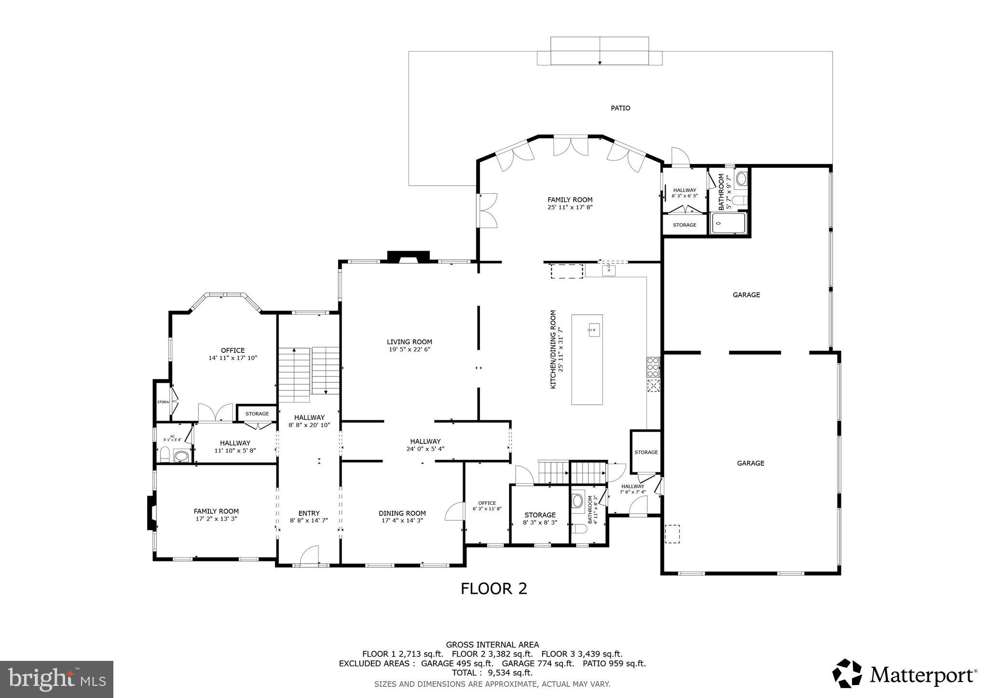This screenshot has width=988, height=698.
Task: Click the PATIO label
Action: pyautogui.click(x=620, y=108)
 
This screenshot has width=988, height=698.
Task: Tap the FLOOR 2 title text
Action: pyautogui.click(x=494, y=589)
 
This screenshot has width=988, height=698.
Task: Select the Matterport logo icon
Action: pyautogui.click(x=847, y=673)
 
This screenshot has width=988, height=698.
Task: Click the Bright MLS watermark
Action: pyautogui.click(x=56, y=679)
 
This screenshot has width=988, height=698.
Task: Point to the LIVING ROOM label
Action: pyautogui.click(x=409, y=342)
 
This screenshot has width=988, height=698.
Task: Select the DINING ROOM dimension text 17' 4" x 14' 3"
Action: pyautogui.click(x=402, y=521)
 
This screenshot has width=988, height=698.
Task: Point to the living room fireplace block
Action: pyautogui.click(x=408, y=256)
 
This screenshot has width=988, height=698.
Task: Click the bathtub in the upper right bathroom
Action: pyautogui.click(x=728, y=223)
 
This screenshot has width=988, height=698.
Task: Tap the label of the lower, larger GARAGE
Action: pyautogui.click(x=750, y=463)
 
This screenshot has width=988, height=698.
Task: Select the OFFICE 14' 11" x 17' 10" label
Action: pyautogui.click(x=233, y=354)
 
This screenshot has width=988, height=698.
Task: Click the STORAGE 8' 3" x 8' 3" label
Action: pyautogui.click(x=540, y=519)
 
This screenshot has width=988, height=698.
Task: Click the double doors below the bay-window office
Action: pyautogui.click(x=216, y=413)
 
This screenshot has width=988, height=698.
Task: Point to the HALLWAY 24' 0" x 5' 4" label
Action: pyautogui.click(x=425, y=444)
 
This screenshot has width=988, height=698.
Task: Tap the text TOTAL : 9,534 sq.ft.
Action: pyautogui.click(x=492, y=673)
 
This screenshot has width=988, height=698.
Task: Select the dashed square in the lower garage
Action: pyautogui.click(x=672, y=534)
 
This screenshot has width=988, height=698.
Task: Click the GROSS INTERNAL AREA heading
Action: pyautogui.click(x=492, y=644)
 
